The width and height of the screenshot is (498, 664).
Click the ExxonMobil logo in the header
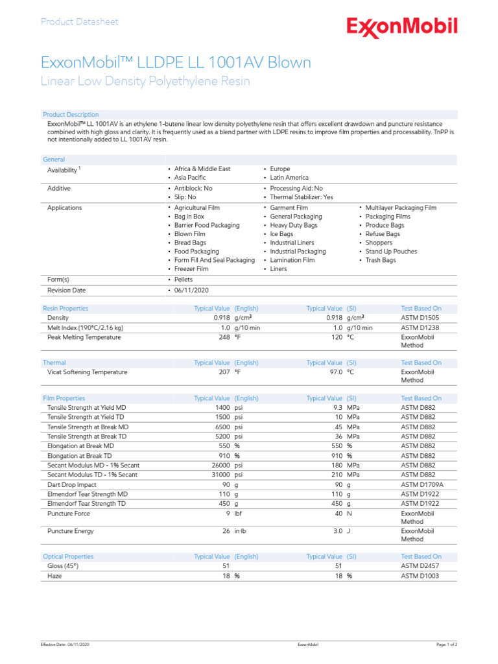402,27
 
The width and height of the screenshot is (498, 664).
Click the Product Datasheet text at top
79,21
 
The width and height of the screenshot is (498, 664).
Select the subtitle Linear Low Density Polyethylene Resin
145,82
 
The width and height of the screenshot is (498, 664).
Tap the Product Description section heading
71,115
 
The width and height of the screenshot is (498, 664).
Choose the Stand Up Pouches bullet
390,252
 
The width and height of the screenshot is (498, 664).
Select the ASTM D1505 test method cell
421,318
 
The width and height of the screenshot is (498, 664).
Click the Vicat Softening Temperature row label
88,372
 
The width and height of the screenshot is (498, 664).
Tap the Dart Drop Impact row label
72,484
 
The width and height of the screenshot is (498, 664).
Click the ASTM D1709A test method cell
423,484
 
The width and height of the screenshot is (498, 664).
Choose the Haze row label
55,575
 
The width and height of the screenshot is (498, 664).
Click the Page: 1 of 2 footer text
446,645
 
